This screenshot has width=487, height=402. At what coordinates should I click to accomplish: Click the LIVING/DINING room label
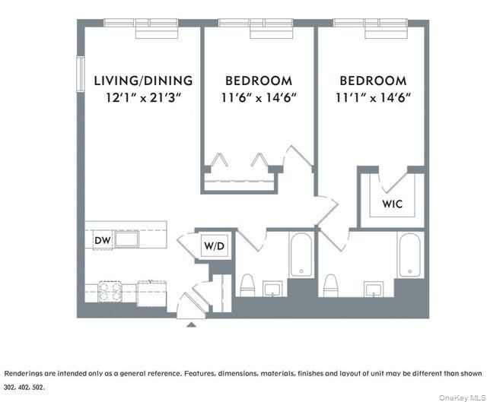[x=143, y=81]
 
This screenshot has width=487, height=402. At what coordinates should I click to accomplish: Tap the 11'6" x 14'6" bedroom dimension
[x=259, y=97]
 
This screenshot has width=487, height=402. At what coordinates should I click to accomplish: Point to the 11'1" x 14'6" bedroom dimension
[x=373, y=97]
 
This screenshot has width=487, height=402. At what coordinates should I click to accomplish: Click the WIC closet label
[x=392, y=204]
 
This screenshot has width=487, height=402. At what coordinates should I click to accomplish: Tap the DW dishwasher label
[x=103, y=241]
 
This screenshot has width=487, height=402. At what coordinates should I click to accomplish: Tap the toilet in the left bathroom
[x=247, y=286]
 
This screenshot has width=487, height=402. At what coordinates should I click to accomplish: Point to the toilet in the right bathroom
[x=330, y=286]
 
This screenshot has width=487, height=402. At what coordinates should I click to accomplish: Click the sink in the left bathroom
[x=272, y=288]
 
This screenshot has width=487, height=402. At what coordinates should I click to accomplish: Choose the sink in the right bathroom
[x=373, y=288]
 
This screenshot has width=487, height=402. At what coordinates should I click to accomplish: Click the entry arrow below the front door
[x=192, y=324]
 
